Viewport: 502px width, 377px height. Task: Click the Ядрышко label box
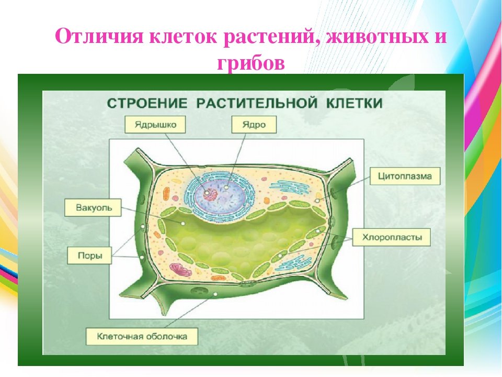tap(155, 125)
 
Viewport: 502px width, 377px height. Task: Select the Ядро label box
tap(254, 125)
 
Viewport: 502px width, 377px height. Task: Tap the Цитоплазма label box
tap(405, 176)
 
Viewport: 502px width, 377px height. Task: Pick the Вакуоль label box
tap(93, 207)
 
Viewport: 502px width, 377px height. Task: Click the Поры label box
tap(89, 256)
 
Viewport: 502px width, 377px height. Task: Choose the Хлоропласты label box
tap(392, 237)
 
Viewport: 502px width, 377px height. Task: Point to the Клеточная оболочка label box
tap(142, 336)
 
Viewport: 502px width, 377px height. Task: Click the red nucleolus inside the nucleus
tap(210, 194)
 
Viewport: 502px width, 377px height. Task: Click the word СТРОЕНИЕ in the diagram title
tap(147, 104)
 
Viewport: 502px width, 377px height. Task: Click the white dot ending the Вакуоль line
tap(183, 223)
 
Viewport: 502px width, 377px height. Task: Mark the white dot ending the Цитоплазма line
tap(317, 201)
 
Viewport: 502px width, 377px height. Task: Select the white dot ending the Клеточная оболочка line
tap(215, 294)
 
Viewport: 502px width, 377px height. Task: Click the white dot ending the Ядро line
tap(226, 187)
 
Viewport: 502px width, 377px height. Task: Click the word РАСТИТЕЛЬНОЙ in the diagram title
tap(257, 104)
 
